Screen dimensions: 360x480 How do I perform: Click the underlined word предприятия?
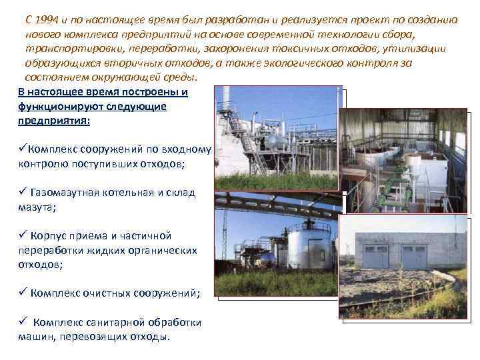[54, 121]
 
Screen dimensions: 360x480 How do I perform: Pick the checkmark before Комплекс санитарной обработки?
[23, 321]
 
